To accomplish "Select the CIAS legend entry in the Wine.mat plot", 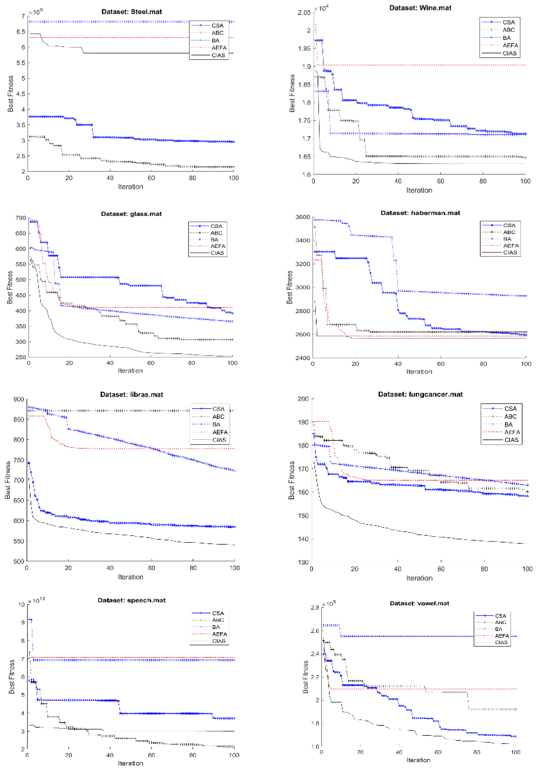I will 509,53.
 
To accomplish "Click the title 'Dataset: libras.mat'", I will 132,395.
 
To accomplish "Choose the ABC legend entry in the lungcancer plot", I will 510,416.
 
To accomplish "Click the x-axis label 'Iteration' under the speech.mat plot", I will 131,763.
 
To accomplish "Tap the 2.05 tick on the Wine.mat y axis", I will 304,13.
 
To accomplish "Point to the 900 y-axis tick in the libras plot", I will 19,399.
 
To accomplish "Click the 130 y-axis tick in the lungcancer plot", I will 303,562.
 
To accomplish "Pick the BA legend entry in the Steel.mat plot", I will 216,40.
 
